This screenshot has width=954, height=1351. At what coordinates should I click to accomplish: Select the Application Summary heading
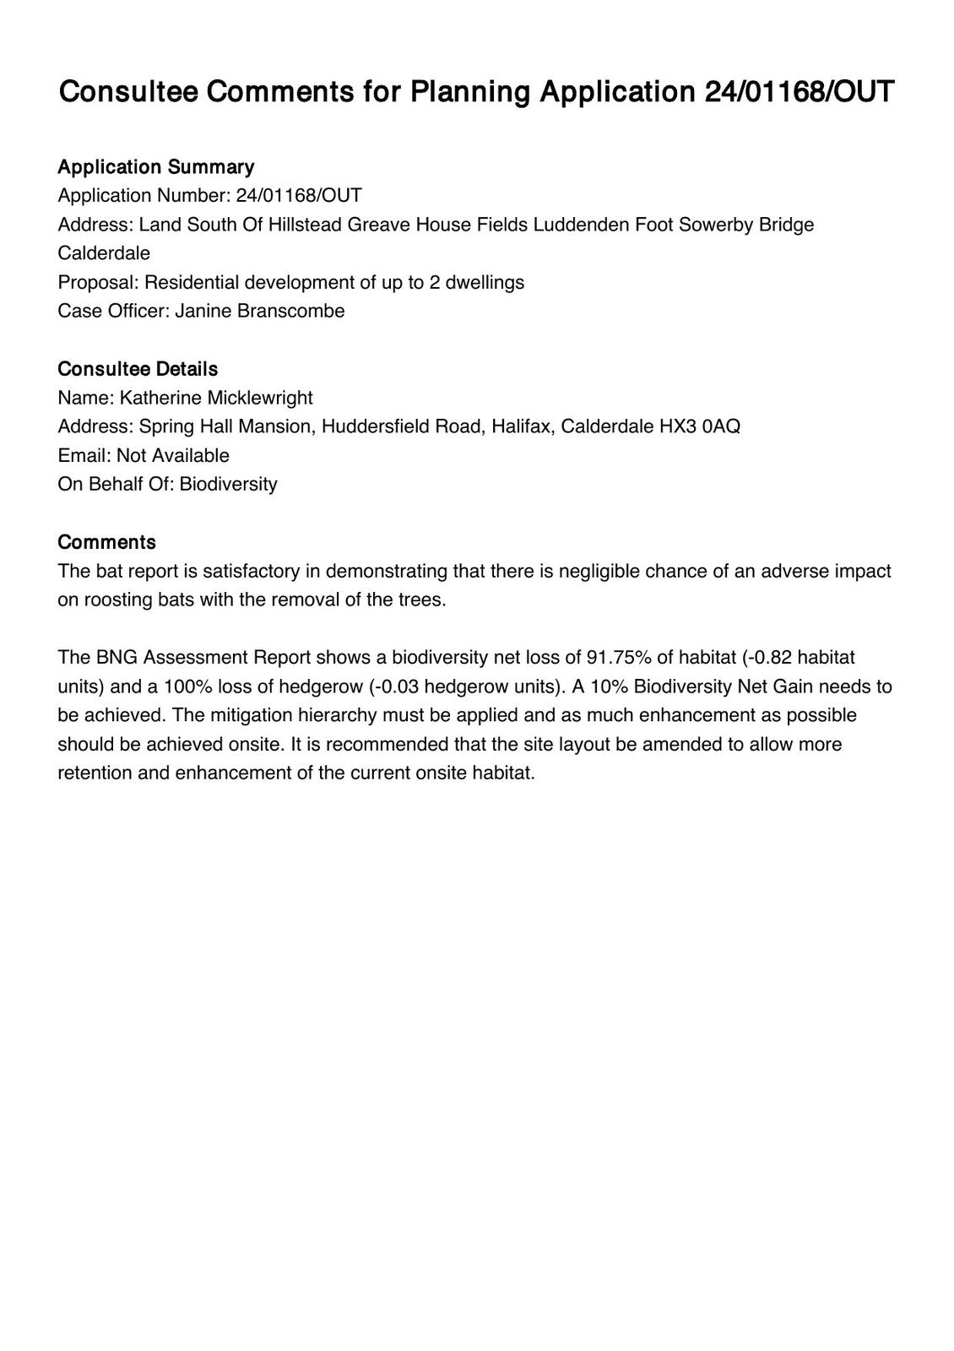click(x=155, y=166)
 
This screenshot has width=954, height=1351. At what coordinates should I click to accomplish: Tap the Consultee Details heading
click(x=138, y=369)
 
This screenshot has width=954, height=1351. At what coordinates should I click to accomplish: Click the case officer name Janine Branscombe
click(x=260, y=311)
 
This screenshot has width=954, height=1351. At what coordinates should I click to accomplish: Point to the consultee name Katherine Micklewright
click(x=216, y=398)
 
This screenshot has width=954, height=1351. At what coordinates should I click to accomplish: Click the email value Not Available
click(x=173, y=456)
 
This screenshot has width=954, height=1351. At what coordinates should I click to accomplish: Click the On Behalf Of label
click(x=116, y=485)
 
